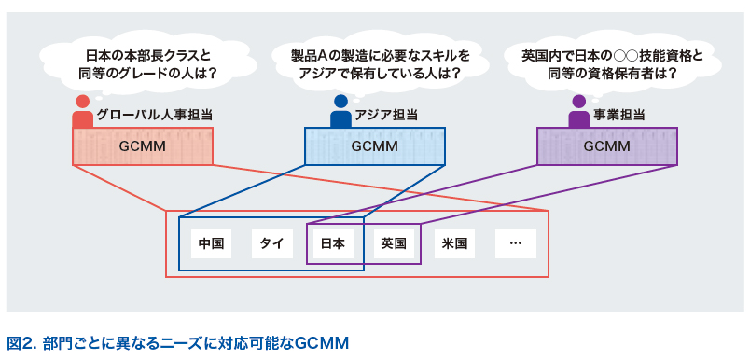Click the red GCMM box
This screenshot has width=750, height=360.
point(142,146)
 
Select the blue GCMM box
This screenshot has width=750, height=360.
point(374,146)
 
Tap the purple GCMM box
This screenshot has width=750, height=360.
point(606,146)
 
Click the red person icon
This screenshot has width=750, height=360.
point(83,112)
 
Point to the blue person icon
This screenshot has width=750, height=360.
point(340,112)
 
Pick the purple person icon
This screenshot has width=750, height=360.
point(579,112)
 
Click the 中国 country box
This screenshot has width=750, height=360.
point(211,244)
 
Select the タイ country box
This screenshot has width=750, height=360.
point(271,244)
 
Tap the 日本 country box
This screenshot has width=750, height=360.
point(333,244)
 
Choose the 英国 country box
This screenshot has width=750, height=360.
point(394,244)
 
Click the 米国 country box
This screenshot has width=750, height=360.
point(454,244)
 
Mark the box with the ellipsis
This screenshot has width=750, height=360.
point(516,244)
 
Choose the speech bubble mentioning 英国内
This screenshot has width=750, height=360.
point(612,63)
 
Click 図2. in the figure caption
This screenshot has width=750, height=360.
point(21,343)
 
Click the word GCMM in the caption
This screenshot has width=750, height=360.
point(322,343)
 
